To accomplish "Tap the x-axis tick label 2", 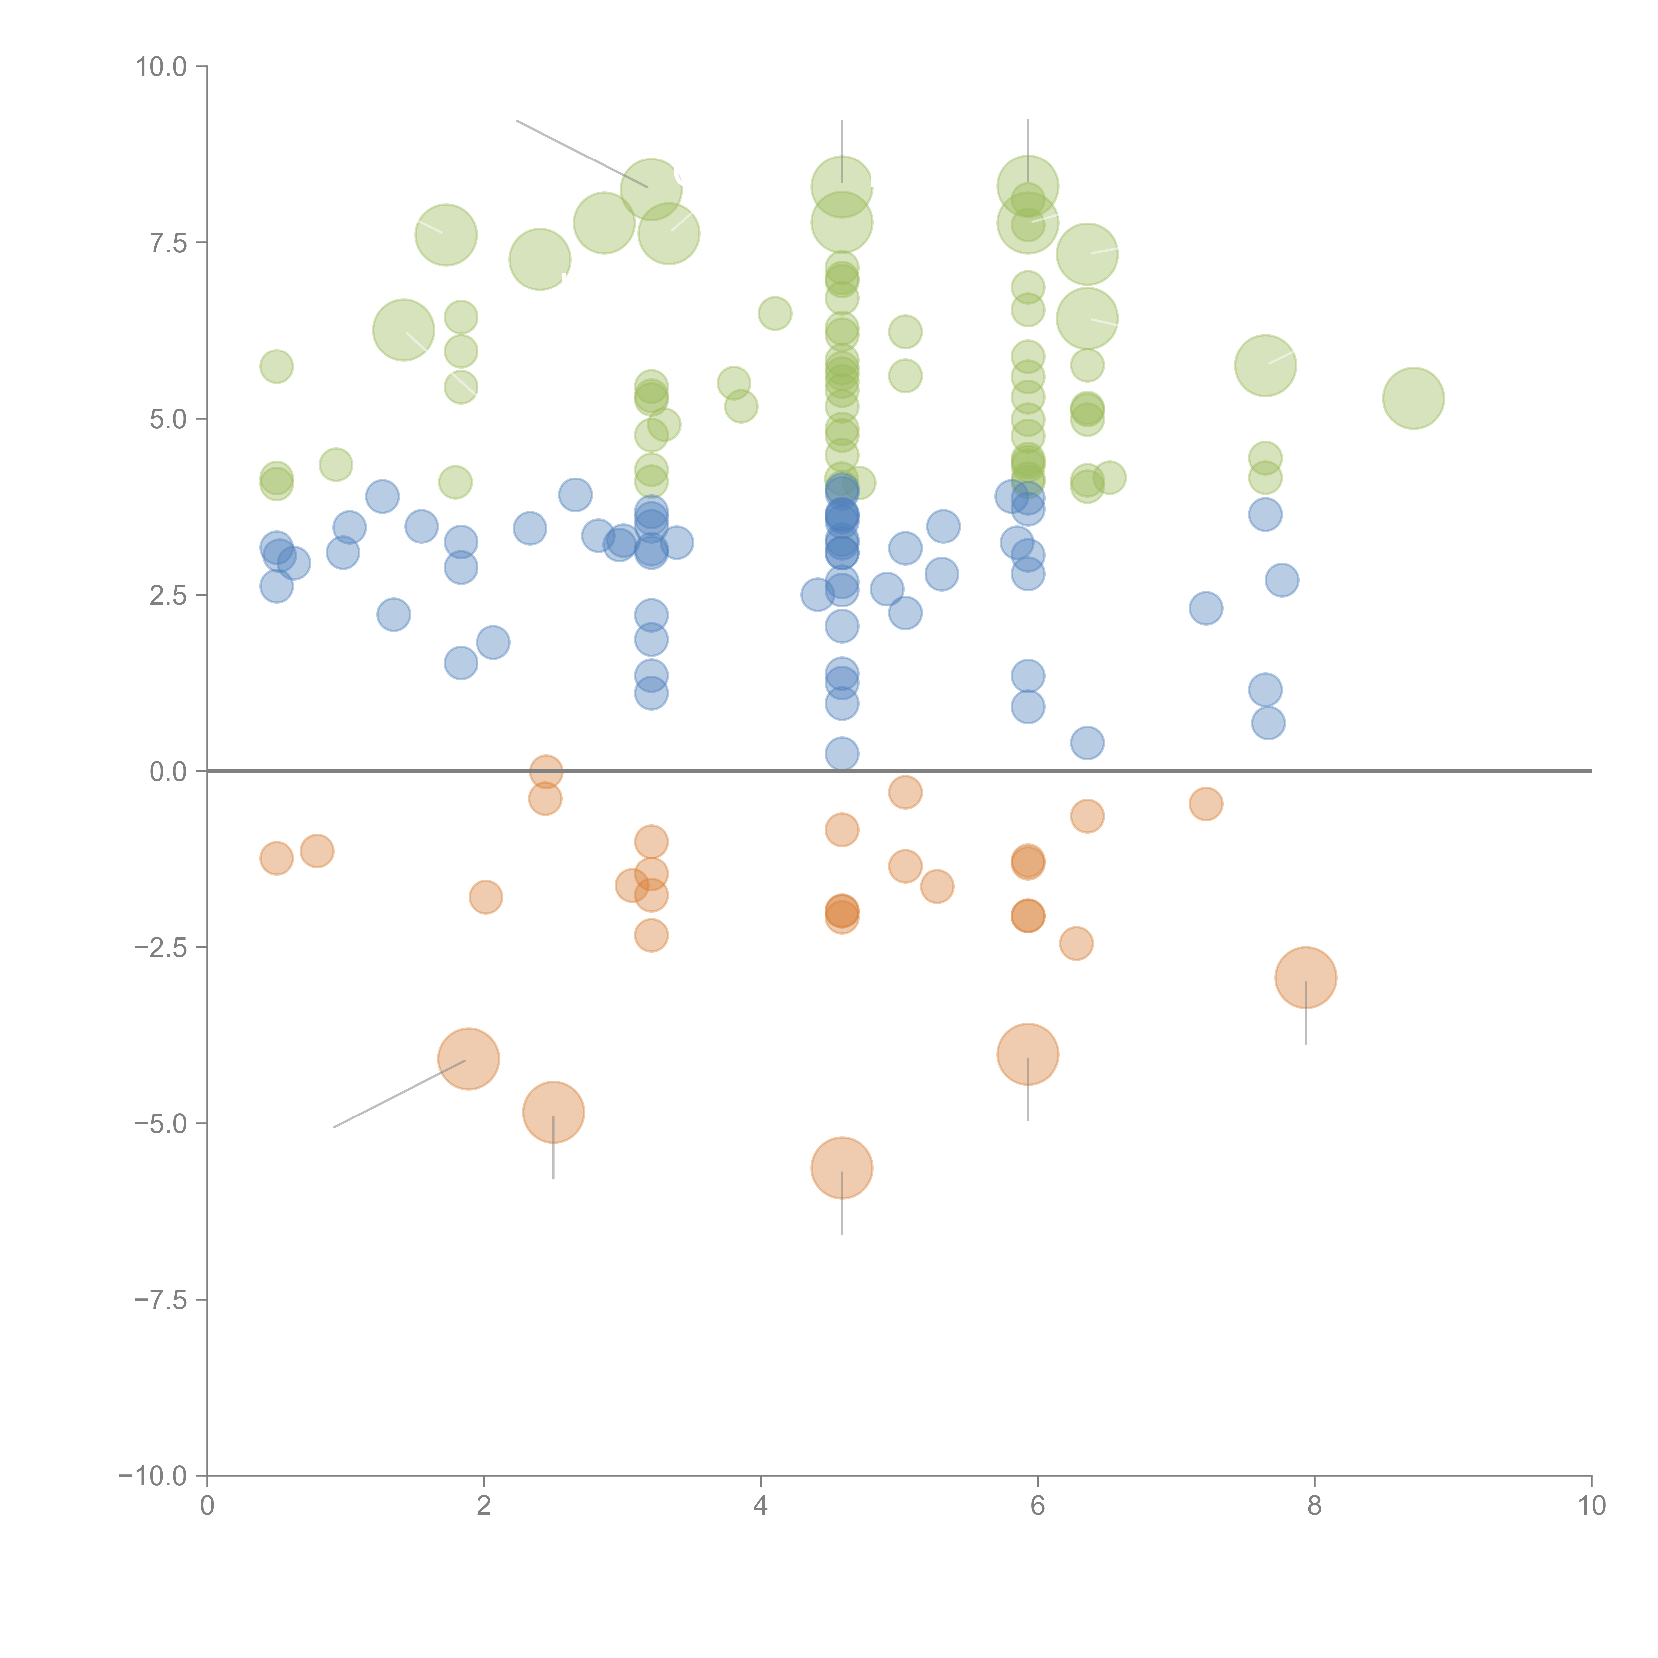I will click(484, 1506).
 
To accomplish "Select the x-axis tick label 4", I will click(760, 1506).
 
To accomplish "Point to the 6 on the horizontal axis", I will click(1038, 1506).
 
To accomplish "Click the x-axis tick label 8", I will click(1314, 1506).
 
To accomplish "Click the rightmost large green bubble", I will click(1413, 398).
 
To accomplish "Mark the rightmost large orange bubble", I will click(1305, 978).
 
